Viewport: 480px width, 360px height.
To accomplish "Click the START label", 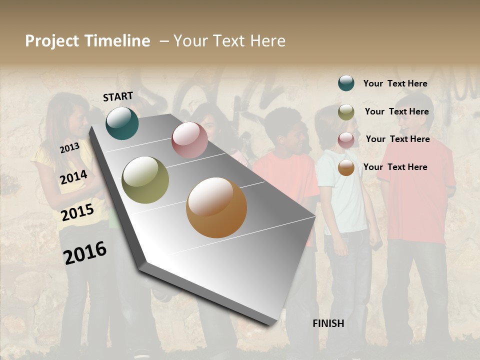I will [118, 96].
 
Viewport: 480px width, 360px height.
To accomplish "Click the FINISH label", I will [328, 323].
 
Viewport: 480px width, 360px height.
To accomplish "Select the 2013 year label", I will [69, 147].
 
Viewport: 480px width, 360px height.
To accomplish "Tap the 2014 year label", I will [74, 177].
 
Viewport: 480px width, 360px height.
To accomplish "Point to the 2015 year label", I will [77, 212].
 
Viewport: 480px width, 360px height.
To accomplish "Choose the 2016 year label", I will [85, 252].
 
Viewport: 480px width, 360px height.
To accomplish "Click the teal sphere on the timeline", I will [122, 123].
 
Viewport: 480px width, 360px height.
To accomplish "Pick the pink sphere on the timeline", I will [189, 140].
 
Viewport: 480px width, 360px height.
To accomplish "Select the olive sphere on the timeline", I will [145, 180].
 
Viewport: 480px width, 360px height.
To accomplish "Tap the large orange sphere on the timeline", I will [216, 207].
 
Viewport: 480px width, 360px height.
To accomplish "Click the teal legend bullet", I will [346, 83].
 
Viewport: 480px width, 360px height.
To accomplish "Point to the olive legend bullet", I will [346, 112].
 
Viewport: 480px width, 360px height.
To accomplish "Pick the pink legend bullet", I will [346, 140].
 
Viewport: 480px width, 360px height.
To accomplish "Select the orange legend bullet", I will [346, 168].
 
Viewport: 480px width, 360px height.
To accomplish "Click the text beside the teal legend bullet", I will [395, 83].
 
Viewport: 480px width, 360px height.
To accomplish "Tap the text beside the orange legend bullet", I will [395, 167].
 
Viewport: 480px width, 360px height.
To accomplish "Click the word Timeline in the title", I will [117, 41].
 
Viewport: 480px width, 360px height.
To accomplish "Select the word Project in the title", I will [52, 41].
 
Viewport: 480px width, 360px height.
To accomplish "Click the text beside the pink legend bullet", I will [397, 139].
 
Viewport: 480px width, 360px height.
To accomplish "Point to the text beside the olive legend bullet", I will [396, 111].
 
